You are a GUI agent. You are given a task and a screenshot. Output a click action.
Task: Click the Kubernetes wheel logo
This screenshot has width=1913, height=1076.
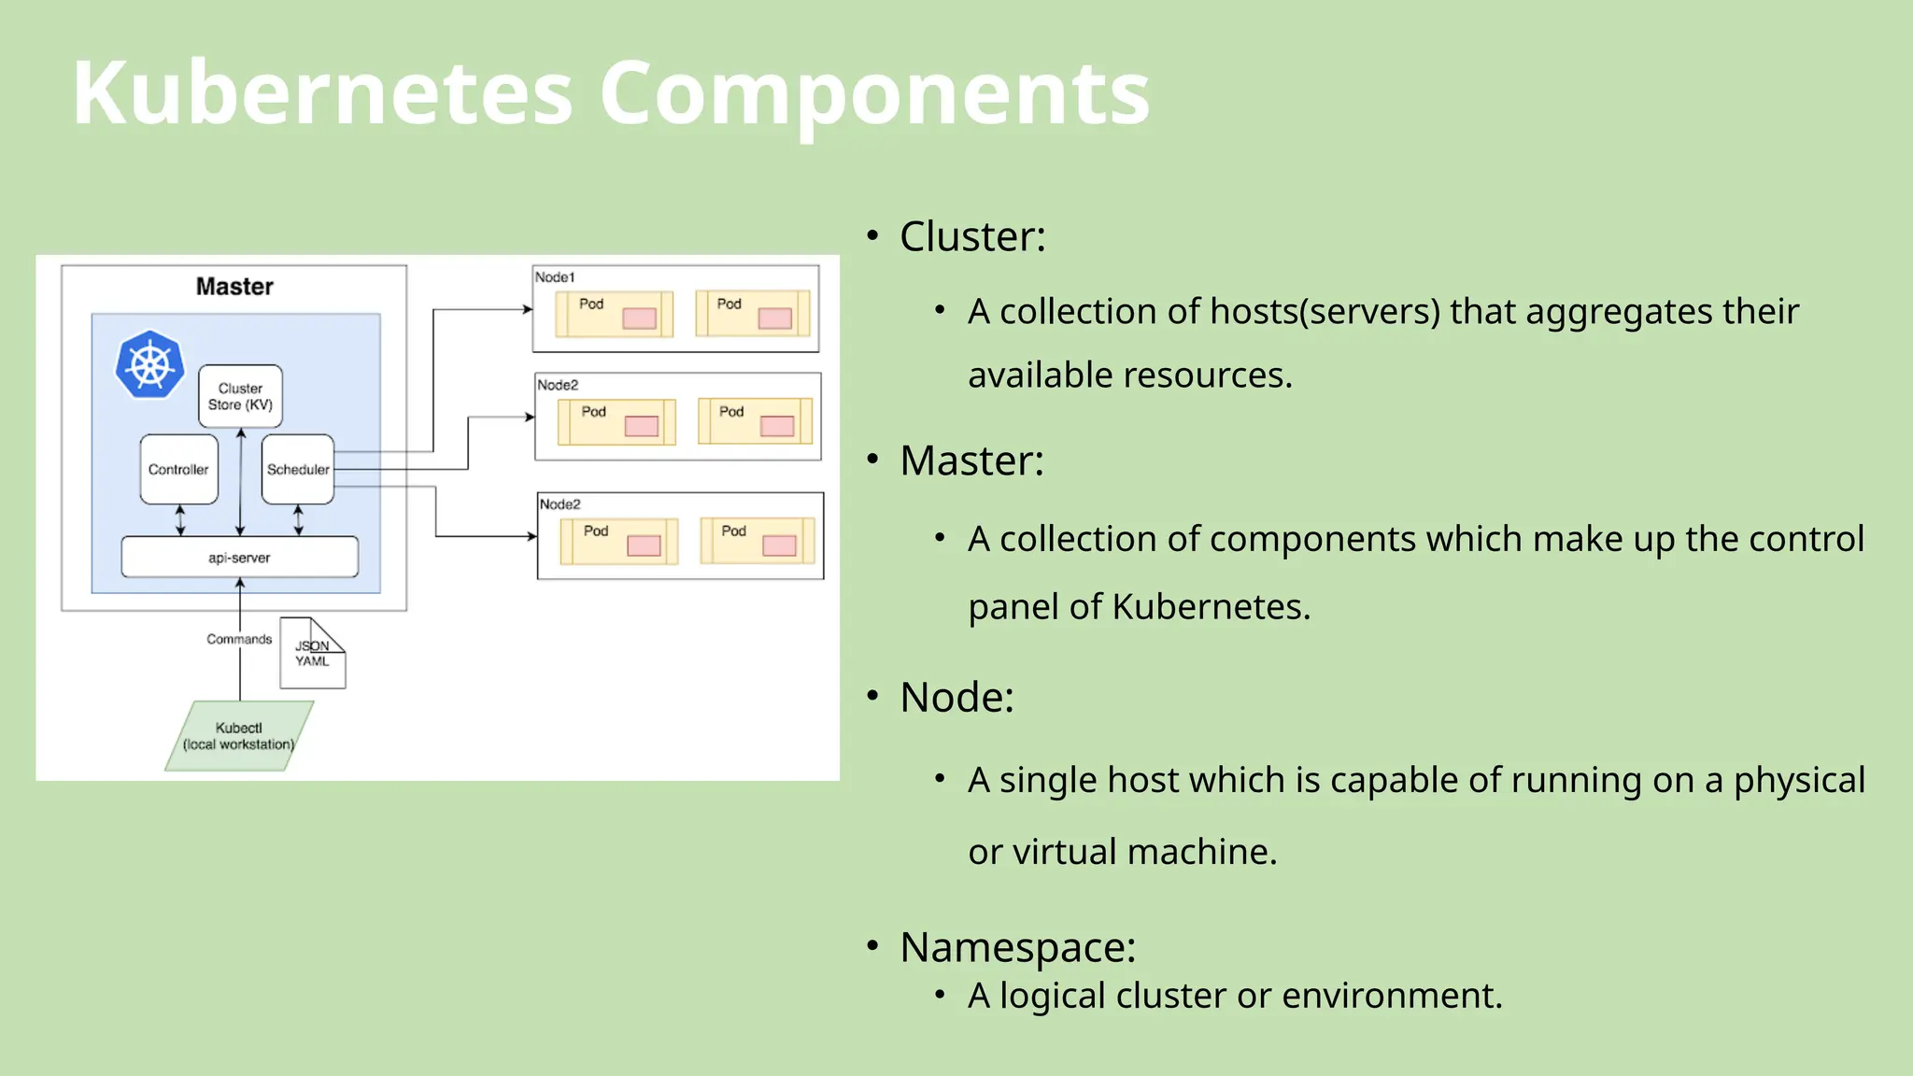pyautogui.click(x=149, y=364)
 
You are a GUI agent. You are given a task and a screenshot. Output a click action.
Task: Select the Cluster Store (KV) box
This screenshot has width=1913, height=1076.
pyautogui.click(x=240, y=396)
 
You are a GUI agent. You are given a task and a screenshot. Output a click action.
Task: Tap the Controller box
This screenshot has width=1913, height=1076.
pyautogui.click(x=178, y=469)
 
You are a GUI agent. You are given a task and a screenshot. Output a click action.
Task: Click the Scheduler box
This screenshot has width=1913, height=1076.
pyautogui.click(x=298, y=469)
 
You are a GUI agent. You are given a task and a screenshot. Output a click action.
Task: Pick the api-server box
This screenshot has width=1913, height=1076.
pyautogui.click(x=239, y=558)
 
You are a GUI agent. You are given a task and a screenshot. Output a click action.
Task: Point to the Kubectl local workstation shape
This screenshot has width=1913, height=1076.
pyautogui.click(x=239, y=736)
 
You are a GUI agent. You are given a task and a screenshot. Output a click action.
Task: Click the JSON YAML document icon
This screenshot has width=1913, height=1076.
pyautogui.click(x=312, y=654)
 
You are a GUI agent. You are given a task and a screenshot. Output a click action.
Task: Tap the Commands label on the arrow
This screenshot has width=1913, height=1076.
pyautogui.click(x=239, y=639)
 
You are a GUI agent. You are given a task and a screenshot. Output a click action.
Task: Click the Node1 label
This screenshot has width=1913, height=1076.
pyautogui.click(x=555, y=277)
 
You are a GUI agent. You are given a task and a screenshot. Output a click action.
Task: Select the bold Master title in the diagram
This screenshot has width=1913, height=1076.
pyautogui.click(x=234, y=287)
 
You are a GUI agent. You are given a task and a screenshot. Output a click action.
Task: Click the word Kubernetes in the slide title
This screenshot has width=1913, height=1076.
pyautogui.click(x=321, y=93)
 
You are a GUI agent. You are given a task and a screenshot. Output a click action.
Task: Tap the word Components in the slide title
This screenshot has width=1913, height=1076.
pyautogui.click(x=873, y=93)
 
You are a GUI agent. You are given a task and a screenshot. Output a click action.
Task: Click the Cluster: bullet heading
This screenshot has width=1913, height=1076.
pyautogui.click(x=971, y=236)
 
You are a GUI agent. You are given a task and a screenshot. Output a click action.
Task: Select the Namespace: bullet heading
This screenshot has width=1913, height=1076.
pyautogui.click(x=1017, y=947)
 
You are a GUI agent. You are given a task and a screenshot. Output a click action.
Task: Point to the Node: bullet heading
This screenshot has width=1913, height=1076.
pyautogui.click(x=956, y=697)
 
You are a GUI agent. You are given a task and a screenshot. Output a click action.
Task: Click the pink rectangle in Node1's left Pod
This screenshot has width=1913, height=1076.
pyautogui.click(x=639, y=319)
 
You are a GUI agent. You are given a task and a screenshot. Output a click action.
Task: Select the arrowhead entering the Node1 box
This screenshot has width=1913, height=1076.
pyautogui.click(x=528, y=309)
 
